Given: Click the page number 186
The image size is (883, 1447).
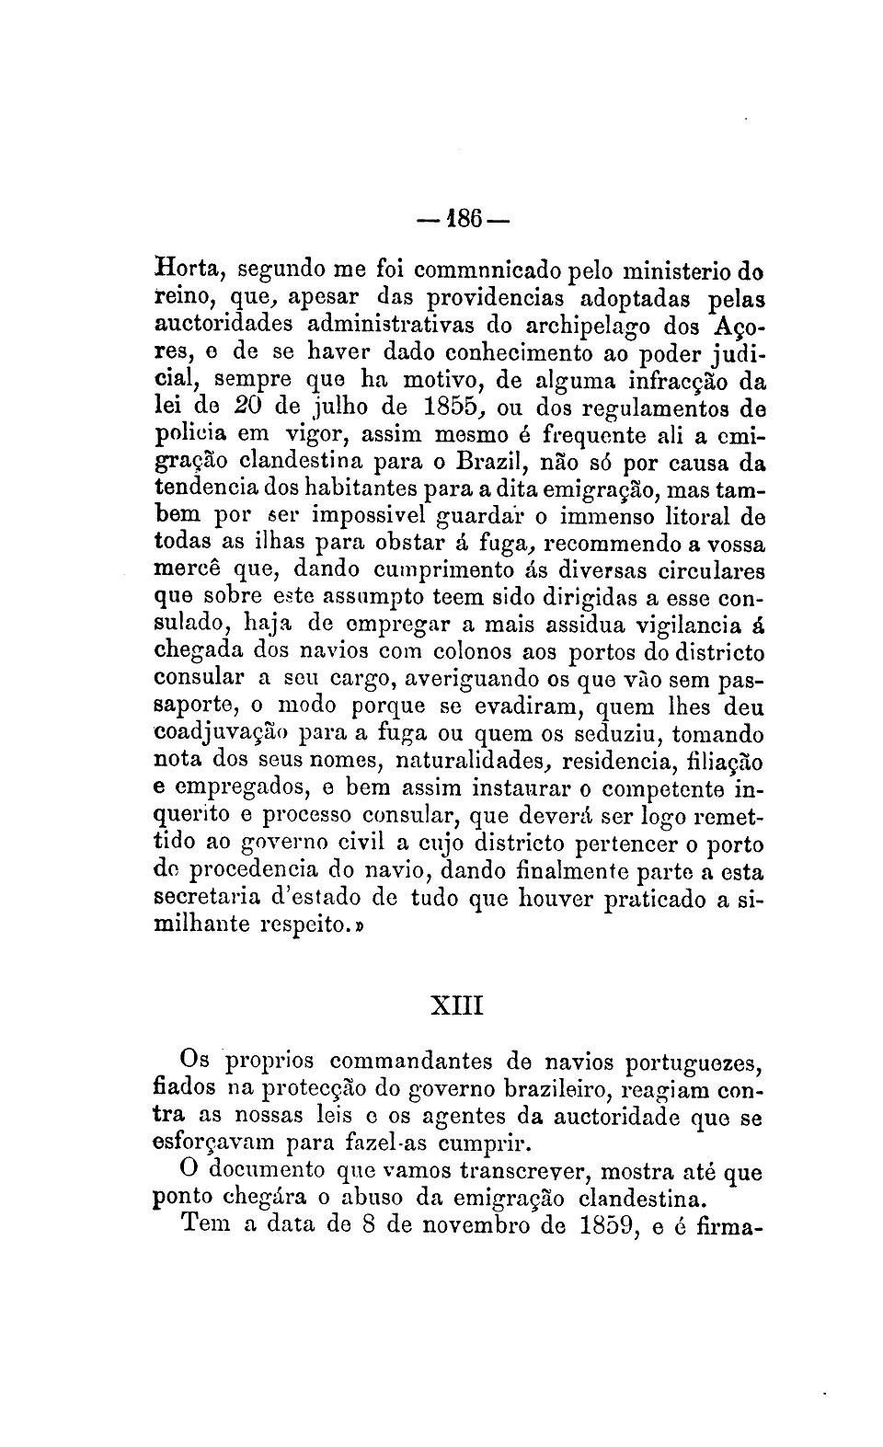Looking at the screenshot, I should pos(457,221).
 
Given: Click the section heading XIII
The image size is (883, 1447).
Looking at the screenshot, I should pos(457,1003).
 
